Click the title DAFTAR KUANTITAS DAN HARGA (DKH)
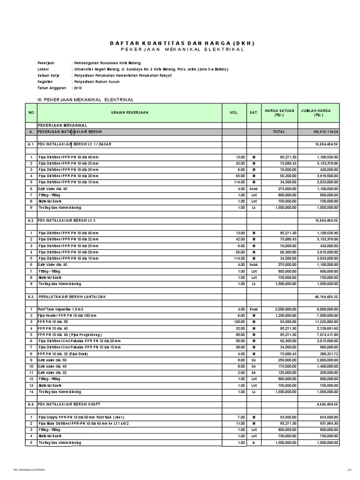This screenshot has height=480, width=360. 180,43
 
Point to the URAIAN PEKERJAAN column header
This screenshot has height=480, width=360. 129,113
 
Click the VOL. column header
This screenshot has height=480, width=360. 234,113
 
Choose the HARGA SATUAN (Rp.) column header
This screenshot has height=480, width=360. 279,113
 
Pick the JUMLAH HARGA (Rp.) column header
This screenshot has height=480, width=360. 315,113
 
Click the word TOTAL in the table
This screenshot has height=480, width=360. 279,132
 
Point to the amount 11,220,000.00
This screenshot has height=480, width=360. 324,322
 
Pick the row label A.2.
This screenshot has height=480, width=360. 30,219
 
